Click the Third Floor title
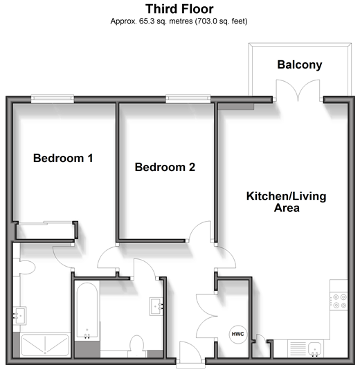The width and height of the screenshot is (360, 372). [x=179, y=9]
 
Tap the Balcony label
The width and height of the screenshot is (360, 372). [x=300, y=64]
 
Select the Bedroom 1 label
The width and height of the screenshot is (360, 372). [x=63, y=158]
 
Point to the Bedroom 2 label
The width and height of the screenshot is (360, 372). [x=165, y=167]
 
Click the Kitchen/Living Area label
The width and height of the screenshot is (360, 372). [x=287, y=202]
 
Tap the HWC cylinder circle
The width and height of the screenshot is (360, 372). [x=237, y=334]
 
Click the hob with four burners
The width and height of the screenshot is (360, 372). [x=339, y=301]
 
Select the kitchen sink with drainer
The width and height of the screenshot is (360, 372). [x=305, y=348]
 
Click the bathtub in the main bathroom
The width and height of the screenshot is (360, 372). [x=87, y=311]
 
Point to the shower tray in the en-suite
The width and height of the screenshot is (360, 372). [x=44, y=345]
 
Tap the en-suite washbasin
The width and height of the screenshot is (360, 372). [x=19, y=316]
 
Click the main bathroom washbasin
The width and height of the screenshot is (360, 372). [x=156, y=306]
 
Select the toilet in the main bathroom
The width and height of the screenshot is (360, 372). [x=137, y=346]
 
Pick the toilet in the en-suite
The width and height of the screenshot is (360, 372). [x=24, y=267]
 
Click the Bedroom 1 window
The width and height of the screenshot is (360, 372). [x=53, y=98]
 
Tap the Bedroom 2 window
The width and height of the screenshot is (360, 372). [x=188, y=98]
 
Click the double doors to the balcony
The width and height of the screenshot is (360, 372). [x=298, y=91]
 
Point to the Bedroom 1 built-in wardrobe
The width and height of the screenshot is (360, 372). [x=46, y=231]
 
